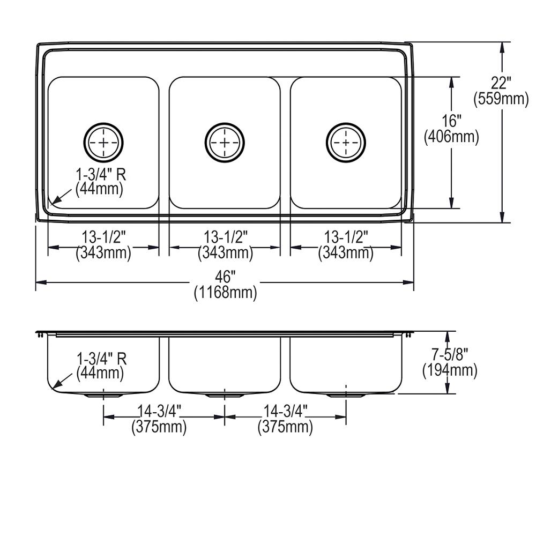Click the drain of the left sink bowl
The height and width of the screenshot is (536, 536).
pyautogui.click(x=103, y=142)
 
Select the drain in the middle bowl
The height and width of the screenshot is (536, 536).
pyautogui.click(x=225, y=142)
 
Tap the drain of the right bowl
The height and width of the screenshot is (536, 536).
pyautogui.click(x=346, y=142)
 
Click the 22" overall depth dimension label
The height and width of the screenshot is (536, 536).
pyautogui.click(x=501, y=83)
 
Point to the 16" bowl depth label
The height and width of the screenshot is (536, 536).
pyautogui.click(x=451, y=121)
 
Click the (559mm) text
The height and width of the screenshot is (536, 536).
pyautogui.click(x=501, y=99)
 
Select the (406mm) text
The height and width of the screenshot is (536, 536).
pyautogui.click(x=451, y=137)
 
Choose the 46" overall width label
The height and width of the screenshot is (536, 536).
pyautogui.click(x=225, y=277)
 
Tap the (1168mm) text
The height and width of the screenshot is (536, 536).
pyautogui.click(x=225, y=293)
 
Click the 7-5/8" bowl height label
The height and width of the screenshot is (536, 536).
pyautogui.click(x=450, y=354)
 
